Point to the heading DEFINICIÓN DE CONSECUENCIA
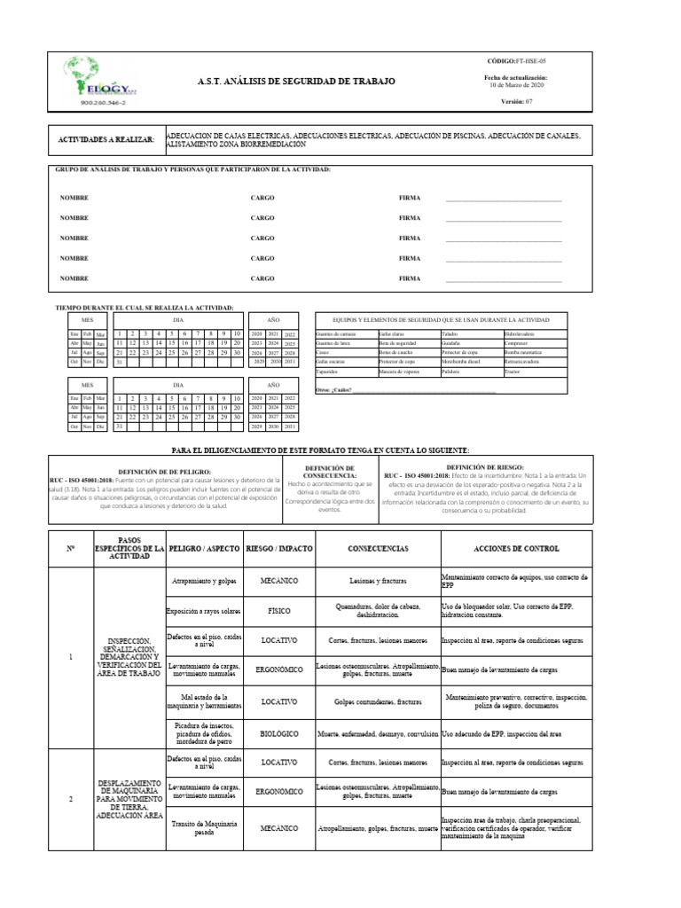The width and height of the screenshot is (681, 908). tap(330, 471)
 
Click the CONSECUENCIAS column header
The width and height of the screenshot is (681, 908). tap(378, 549)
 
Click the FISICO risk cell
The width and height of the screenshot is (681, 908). tap(279, 611)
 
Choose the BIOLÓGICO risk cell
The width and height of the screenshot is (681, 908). tap(279, 733)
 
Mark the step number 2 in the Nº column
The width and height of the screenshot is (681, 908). tap(71, 799)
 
